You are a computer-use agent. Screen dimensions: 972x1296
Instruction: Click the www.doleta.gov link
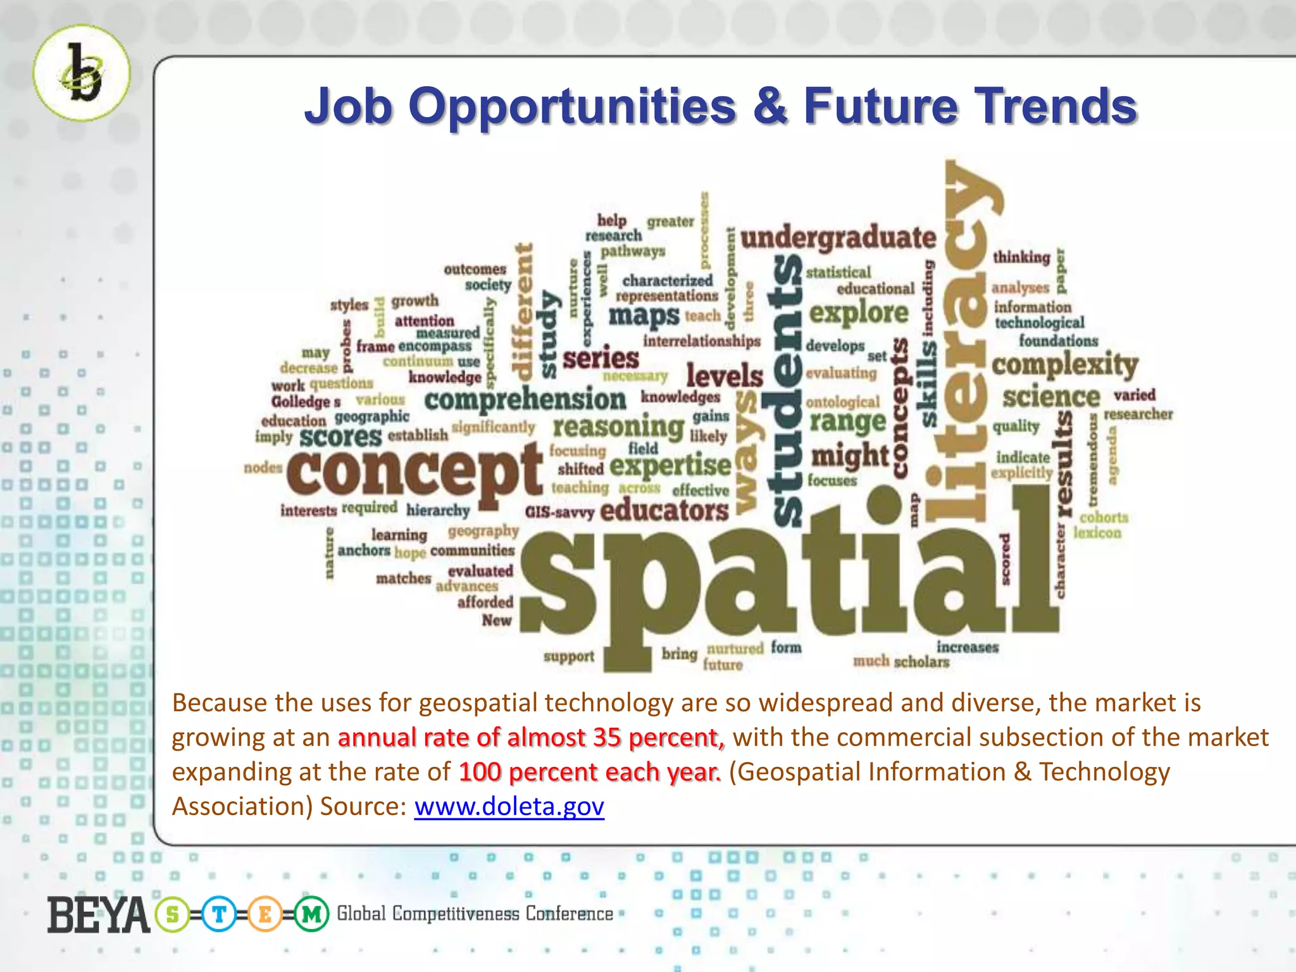509,807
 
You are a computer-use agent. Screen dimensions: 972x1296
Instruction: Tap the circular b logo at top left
82,73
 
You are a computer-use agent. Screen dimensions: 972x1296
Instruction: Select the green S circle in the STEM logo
172,914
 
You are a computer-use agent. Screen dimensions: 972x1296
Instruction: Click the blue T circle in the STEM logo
219,914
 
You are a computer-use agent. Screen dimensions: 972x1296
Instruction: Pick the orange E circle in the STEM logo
265,914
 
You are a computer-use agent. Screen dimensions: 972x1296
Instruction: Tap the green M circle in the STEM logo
311,914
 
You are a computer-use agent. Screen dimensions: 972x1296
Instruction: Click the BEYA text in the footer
98,916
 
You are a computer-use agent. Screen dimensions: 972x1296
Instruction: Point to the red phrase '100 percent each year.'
589,772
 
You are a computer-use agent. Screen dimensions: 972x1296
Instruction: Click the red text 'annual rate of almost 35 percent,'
531,738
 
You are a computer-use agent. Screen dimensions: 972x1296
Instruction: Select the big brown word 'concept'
414,471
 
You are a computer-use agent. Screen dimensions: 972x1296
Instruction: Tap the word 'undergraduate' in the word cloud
838,239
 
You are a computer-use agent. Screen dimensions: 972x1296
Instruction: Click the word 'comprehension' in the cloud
525,400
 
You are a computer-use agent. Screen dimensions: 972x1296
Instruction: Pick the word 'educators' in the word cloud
664,510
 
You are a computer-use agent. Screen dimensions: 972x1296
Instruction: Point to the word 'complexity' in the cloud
1064,364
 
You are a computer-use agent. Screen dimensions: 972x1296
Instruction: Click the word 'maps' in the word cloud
644,315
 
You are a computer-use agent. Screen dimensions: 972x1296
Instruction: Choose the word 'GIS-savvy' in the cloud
559,512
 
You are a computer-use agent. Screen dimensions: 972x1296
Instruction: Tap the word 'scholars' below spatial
921,663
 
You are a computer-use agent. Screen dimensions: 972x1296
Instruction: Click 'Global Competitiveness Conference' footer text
475,914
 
